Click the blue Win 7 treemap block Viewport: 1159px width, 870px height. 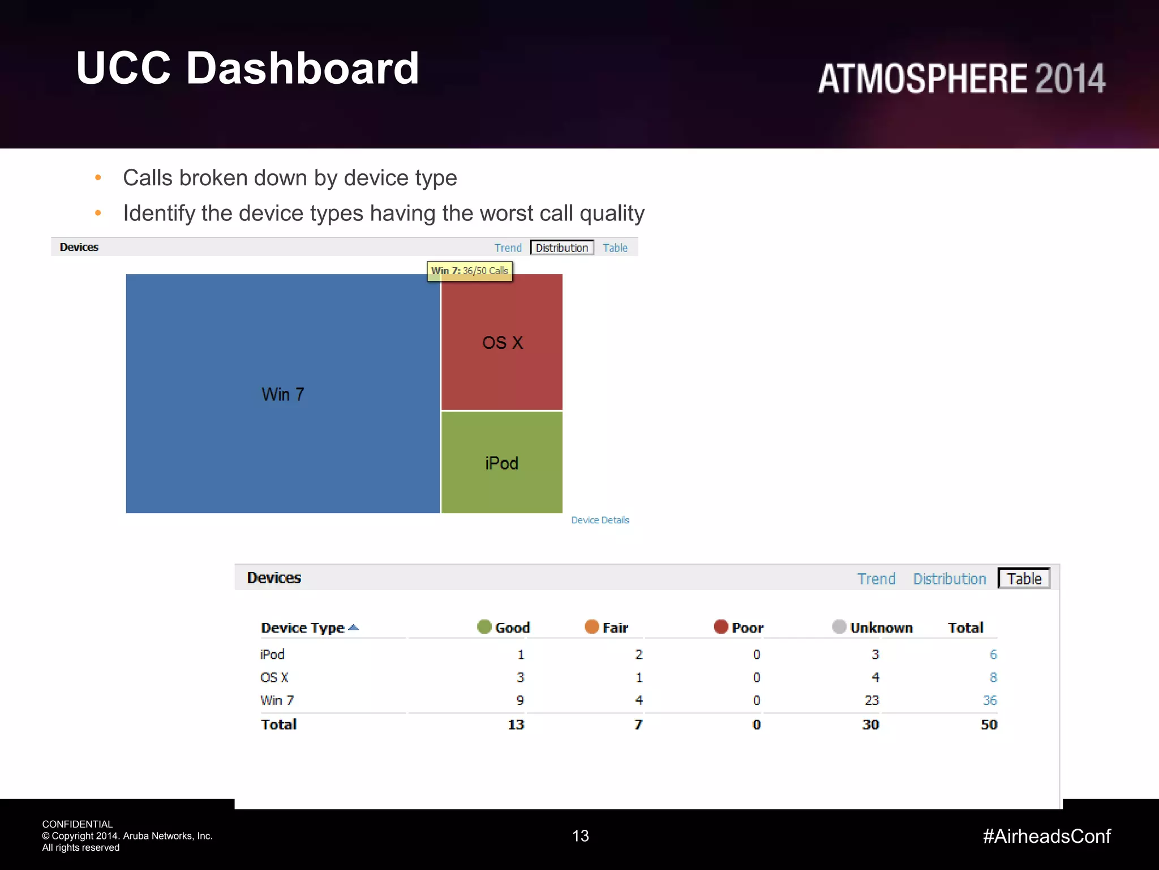click(x=282, y=394)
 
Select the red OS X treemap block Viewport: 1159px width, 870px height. click(x=502, y=342)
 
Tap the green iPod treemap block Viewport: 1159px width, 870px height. click(x=502, y=463)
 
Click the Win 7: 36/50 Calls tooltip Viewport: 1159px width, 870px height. click(x=470, y=271)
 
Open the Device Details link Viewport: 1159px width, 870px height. click(x=600, y=520)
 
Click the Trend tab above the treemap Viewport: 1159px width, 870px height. click(x=508, y=248)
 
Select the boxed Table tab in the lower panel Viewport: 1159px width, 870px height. click(x=1024, y=578)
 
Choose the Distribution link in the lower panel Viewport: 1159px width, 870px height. click(x=949, y=579)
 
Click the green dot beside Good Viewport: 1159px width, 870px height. click(x=484, y=626)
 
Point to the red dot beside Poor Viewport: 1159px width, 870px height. click(x=720, y=626)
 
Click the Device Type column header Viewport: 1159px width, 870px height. click(x=303, y=628)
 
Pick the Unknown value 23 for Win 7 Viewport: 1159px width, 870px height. click(x=872, y=701)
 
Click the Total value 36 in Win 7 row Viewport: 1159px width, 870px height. click(x=989, y=701)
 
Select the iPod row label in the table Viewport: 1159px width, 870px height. click(x=272, y=654)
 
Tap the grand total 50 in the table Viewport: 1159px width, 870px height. click(x=989, y=724)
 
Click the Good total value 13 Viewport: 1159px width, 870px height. click(x=516, y=724)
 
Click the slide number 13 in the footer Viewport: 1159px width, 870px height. click(x=580, y=836)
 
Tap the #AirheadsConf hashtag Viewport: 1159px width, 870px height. click(x=1046, y=836)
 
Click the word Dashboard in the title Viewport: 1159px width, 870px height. click(x=302, y=68)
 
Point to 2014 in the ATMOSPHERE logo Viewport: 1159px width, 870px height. click(x=1070, y=78)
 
